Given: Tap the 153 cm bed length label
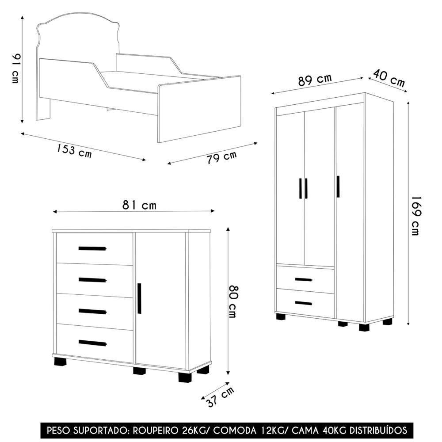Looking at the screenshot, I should (x=74, y=150).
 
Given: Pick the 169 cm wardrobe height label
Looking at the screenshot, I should (x=416, y=216).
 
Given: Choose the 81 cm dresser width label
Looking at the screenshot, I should (x=139, y=205).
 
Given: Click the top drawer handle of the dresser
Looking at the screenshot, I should (x=92, y=248).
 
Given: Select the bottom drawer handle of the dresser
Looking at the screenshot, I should (x=92, y=343).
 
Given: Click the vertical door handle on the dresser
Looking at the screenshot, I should (x=139, y=298).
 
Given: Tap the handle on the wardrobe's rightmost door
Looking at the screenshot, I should (x=338, y=187).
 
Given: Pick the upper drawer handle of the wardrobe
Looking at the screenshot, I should (x=303, y=279).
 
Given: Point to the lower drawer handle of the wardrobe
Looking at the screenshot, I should (x=303, y=303).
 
